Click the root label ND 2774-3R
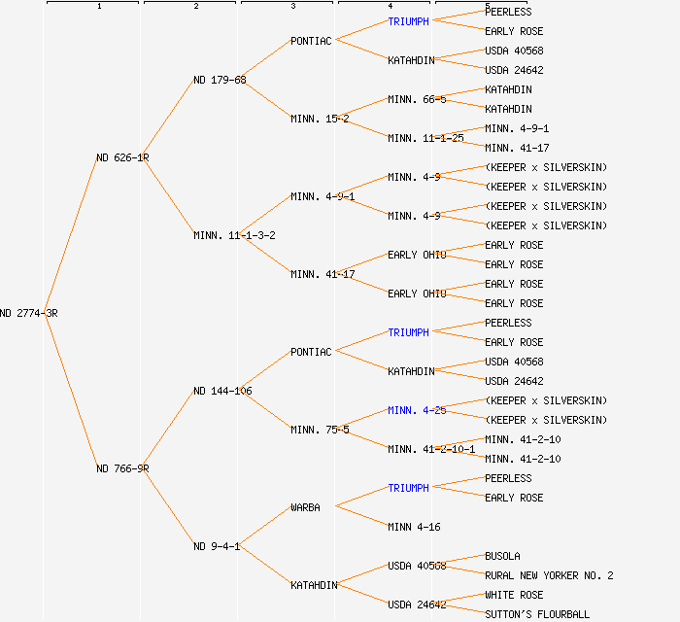29,313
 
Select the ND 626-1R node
122,157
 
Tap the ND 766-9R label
122,468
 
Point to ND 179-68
220,80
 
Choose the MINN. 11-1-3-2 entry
234,235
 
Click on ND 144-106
222,391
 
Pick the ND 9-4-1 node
217,546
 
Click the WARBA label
305,507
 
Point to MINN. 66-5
417,99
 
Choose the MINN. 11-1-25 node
425,138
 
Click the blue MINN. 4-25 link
417,410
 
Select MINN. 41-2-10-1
431,449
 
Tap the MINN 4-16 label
414,527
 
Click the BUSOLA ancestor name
502,556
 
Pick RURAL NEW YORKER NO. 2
549,575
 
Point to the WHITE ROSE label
514,595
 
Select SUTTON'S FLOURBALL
537,614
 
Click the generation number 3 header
292,7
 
